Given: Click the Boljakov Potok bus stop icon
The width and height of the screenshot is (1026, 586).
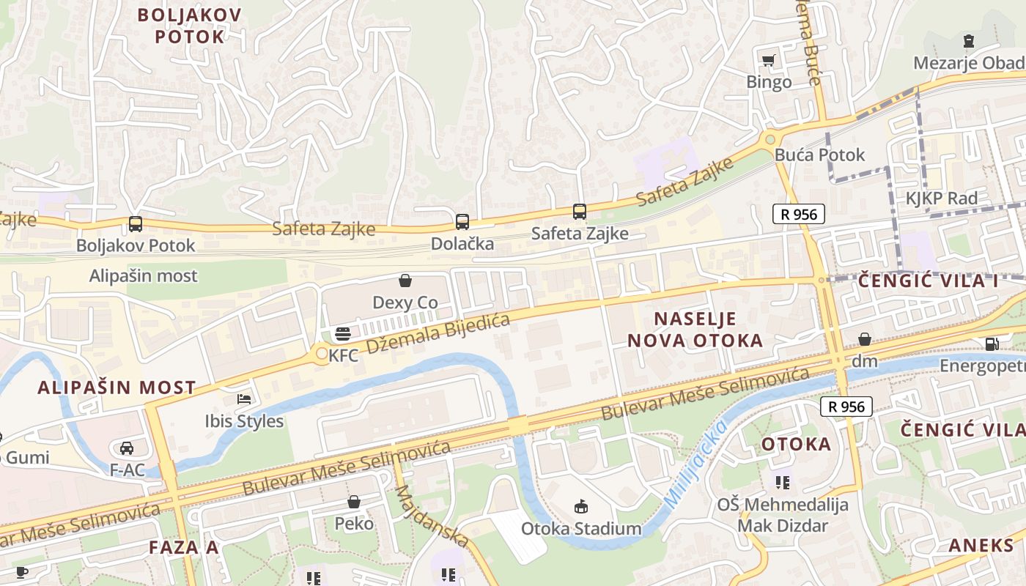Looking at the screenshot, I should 135,224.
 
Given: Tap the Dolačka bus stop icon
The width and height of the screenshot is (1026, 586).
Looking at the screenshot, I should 462,221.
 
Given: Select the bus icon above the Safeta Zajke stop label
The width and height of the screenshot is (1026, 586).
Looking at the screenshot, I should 579,212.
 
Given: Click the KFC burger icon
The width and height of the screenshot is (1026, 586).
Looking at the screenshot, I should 342,335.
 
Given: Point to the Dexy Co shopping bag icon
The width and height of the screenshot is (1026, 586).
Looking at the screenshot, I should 405,280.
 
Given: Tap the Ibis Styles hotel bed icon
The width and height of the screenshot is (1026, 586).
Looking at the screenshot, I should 244,399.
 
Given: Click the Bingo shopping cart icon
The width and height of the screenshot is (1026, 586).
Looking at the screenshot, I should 768,61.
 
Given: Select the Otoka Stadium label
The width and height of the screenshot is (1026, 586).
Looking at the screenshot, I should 581,528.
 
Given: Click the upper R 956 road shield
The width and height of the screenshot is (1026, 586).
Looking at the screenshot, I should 799,214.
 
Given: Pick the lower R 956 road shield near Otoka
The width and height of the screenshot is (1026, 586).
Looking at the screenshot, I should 846,407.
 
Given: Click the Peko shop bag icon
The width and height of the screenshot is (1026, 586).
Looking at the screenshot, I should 353,502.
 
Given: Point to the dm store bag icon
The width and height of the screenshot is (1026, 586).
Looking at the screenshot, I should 865,339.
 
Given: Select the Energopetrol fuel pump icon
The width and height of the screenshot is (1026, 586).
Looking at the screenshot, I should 991,343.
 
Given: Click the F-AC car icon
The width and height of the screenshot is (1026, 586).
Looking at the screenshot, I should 127,448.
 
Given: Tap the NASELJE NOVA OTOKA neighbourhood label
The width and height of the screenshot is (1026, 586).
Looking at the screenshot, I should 694,329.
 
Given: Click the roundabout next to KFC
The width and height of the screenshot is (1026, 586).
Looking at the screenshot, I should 321,355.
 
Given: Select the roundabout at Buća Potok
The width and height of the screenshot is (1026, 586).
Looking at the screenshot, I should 769,138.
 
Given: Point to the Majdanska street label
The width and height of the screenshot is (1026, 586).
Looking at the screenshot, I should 431,516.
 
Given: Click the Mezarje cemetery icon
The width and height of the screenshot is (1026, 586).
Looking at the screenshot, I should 969,40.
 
